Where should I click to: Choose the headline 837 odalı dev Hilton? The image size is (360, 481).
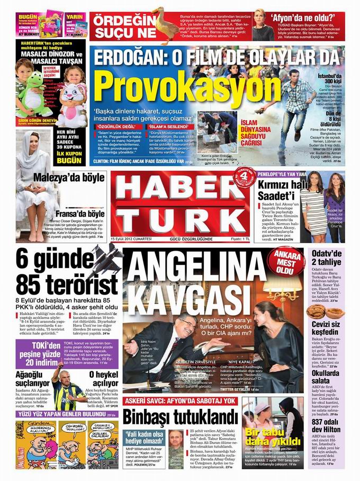pyautogui.click(x=326, y=423)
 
